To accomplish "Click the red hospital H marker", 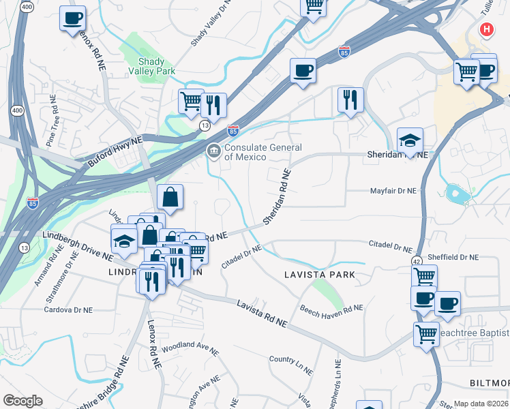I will click(x=486, y=29).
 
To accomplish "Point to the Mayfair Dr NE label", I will click(x=393, y=192).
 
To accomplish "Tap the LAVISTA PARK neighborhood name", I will click(x=320, y=275).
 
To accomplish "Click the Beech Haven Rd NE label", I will click(x=331, y=308).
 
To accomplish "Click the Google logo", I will click(x=22, y=401).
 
